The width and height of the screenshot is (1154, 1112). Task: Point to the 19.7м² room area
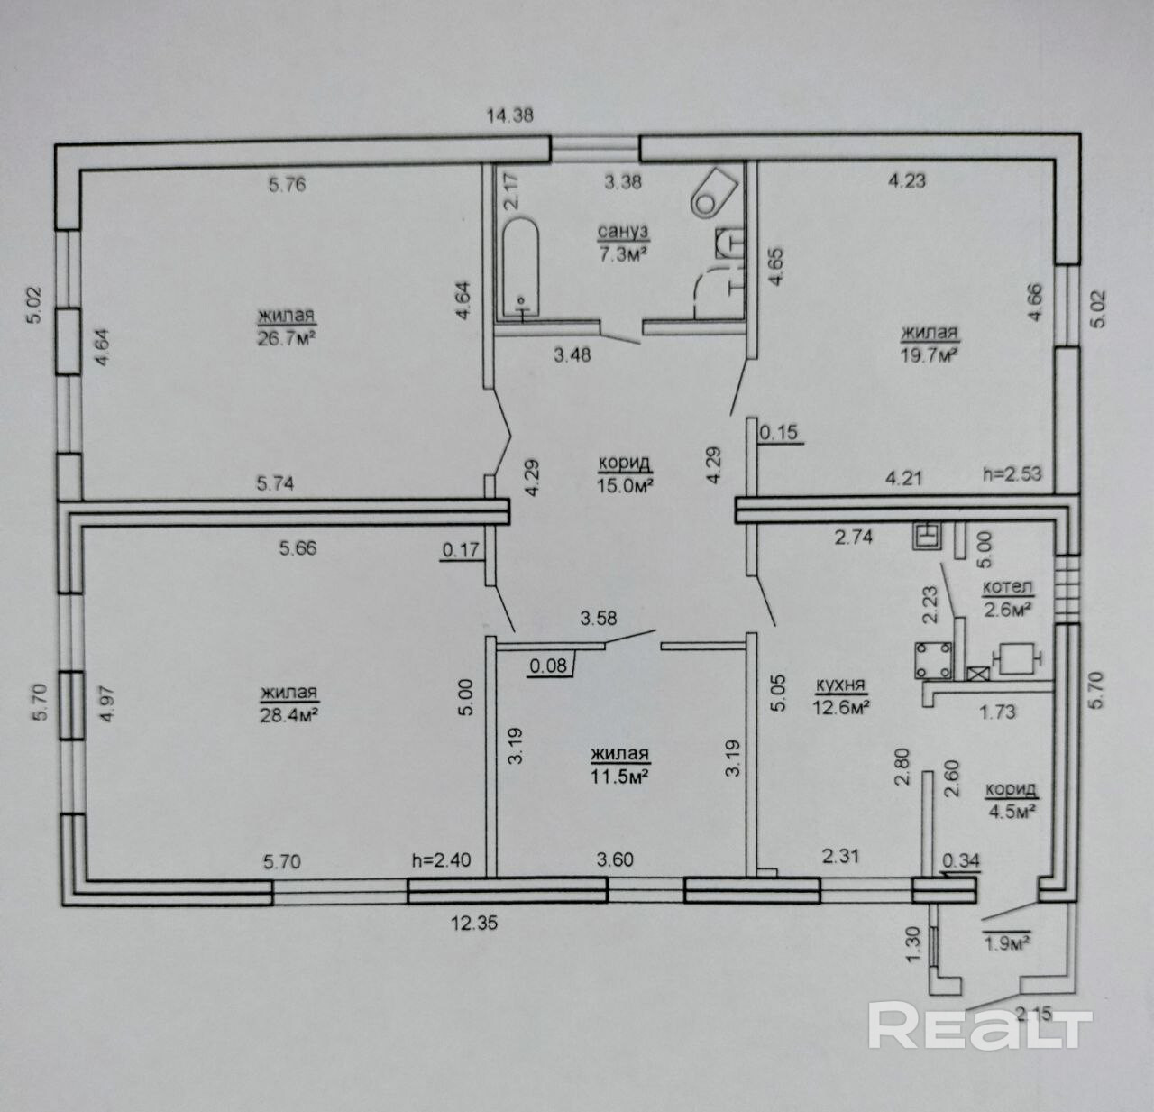(929, 355)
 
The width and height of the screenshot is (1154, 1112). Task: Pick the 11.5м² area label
(619, 776)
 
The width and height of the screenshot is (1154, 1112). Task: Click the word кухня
(841, 684)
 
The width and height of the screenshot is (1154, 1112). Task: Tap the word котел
(1007, 588)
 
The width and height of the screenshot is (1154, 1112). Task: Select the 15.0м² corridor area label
(624, 485)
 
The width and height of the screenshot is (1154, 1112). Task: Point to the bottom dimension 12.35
(474, 923)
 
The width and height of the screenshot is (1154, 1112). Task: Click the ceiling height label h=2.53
(1012, 474)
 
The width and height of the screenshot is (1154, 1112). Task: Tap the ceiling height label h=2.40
(442, 860)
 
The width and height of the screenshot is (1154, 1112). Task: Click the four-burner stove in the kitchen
(933, 661)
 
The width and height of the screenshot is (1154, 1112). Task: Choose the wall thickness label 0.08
(548, 666)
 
